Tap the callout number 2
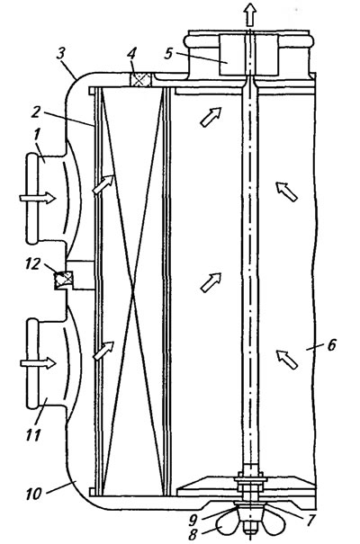click(x=35, y=111)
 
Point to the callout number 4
click(x=131, y=55)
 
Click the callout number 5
click(x=168, y=53)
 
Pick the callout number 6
click(x=331, y=344)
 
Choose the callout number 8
click(x=193, y=534)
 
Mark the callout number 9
click(x=193, y=519)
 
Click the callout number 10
click(x=33, y=494)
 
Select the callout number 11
click(x=33, y=434)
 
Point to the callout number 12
click(x=33, y=264)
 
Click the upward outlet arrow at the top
click(x=249, y=15)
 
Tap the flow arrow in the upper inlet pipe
click(x=38, y=198)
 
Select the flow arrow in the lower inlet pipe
click(x=38, y=363)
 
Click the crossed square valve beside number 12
click(x=64, y=280)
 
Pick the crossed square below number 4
click(x=140, y=79)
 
